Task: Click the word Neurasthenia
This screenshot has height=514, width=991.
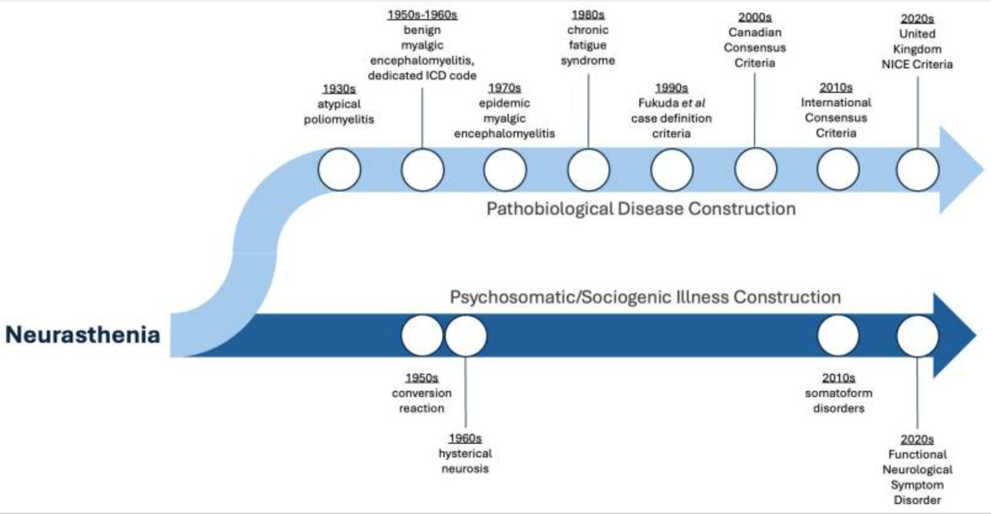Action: tap(83, 335)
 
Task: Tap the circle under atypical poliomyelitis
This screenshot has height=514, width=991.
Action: tap(339, 169)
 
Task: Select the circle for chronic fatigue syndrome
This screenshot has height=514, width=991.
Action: tap(588, 169)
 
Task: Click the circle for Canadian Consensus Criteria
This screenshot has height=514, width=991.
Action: tap(756, 169)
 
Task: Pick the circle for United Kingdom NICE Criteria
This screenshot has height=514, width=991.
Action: tap(917, 169)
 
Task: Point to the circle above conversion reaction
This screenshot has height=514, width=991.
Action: tap(422, 336)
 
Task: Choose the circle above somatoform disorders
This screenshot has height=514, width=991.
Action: tap(838, 336)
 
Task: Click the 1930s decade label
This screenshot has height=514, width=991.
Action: tap(339, 89)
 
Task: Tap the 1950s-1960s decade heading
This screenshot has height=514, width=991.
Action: tap(422, 15)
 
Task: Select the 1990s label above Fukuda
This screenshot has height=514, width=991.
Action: tap(671, 88)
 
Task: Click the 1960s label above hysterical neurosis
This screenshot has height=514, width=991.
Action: tap(465, 438)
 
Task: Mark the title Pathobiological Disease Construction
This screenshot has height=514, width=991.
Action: tap(641, 209)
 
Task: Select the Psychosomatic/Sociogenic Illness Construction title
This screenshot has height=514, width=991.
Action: tap(645, 297)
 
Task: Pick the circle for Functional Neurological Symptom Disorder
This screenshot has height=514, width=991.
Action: tap(917, 336)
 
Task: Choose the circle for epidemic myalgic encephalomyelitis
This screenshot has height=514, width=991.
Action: tap(505, 169)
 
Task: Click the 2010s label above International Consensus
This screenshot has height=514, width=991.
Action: tap(836, 88)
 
